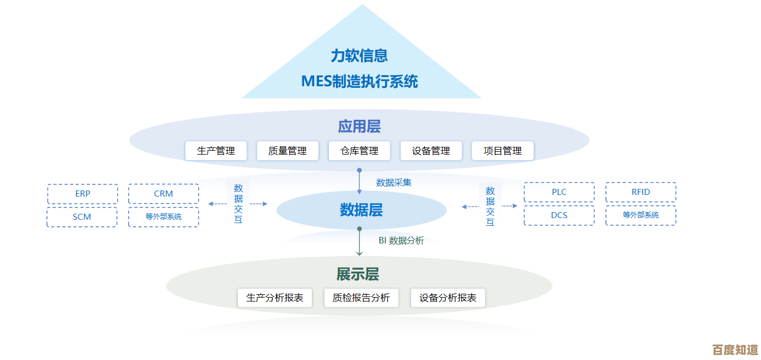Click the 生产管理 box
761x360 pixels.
point(216,151)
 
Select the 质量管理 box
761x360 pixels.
point(288,151)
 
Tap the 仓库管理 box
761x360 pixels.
point(359,151)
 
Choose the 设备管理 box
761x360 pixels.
point(431,151)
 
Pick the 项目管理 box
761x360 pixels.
point(503,151)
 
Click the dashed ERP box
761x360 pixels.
point(83,194)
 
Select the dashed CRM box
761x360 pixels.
point(163,194)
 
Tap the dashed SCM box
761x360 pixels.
point(82,217)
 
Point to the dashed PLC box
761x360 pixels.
point(559,192)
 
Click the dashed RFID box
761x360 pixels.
point(641,192)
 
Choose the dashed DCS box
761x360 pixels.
point(559,215)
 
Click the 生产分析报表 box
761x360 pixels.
point(275,298)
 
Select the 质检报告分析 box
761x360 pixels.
point(361,298)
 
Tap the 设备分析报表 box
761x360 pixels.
point(448,298)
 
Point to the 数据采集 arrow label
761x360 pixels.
point(394,183)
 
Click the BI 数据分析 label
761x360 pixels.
point(401,241)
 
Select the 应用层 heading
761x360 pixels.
point(359,126)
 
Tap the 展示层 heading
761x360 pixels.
point(358,274)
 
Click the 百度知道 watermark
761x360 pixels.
point(735,350)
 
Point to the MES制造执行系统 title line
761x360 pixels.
point(359,82)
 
